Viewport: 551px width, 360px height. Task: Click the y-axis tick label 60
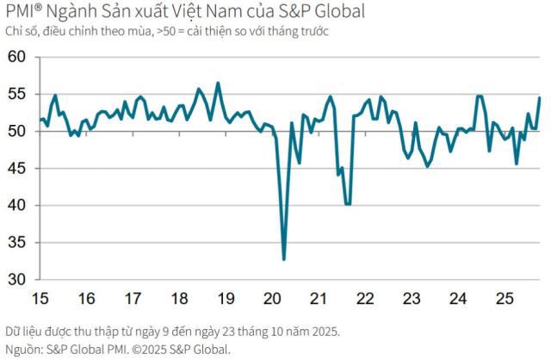[16, 58]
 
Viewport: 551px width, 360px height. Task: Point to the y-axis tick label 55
[16, 95]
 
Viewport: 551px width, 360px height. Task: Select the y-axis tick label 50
[16, 132]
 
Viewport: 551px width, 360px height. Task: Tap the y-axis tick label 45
[16, 169]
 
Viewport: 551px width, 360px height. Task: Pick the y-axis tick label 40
[16, 206]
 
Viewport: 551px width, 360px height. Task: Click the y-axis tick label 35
[16, 243]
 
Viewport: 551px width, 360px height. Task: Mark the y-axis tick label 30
[16, 280]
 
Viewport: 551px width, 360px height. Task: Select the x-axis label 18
[179, 299]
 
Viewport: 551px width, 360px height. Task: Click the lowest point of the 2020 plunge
[284, 259]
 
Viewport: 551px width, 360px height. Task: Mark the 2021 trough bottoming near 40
[347, 204]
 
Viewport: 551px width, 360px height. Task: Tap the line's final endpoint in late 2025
[540, 97]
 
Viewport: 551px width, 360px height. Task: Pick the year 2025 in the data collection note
[324, 332]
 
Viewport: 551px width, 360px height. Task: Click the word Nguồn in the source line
[24, 349]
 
